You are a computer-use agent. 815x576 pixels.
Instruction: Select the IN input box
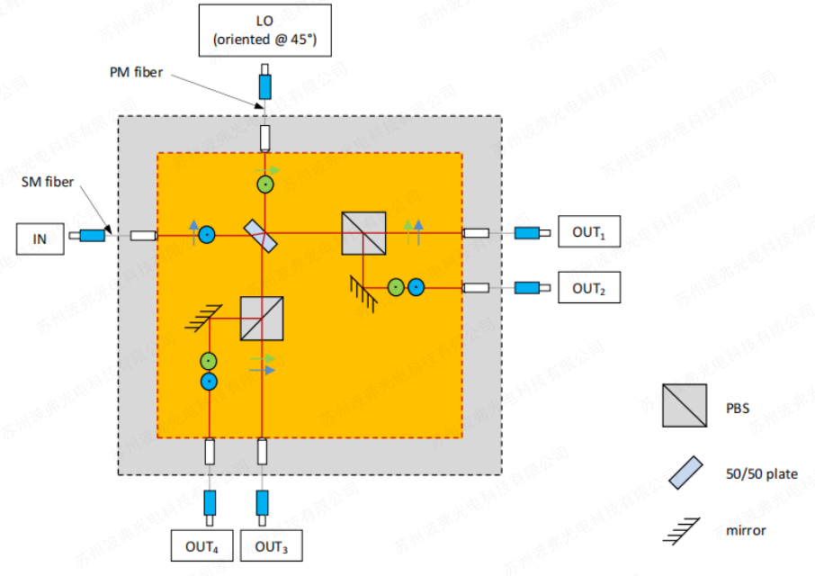point(40,239)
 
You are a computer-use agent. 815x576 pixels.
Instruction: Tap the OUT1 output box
point(588,232)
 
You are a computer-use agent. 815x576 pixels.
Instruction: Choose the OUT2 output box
point(588,288)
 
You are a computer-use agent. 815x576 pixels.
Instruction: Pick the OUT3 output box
point(272,546)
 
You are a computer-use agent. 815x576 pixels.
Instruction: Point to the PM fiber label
point(130,72)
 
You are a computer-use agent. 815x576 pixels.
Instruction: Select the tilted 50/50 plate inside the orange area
point(262,234)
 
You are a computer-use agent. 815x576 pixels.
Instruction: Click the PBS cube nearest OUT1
point(363,233)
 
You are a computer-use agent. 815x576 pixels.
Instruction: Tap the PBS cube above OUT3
point(262,318)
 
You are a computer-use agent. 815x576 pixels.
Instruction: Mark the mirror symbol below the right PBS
point(363,289)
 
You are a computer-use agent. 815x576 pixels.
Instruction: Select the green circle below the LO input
point(264,184)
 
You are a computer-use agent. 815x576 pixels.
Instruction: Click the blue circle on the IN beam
point(207,235)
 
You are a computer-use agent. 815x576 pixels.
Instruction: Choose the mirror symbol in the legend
point(680,531)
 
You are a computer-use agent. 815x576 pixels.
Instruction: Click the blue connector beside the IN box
point(92,236)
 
